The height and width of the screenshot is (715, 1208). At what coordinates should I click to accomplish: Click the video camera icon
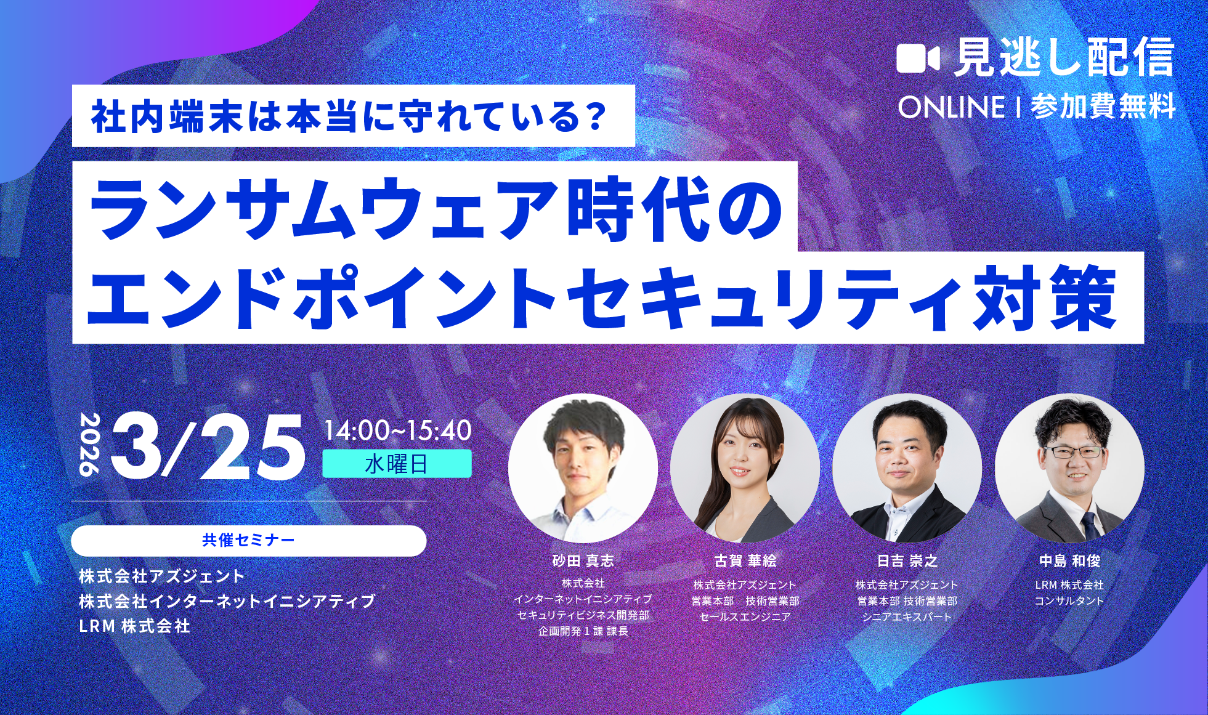click(917, 59)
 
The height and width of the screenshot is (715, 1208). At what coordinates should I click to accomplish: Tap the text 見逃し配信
click(1064, 59)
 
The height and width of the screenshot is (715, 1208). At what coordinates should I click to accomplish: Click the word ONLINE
click(951, 107)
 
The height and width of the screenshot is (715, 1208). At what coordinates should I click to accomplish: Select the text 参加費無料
click(1103, 107)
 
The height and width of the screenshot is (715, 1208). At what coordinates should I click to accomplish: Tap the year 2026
click(89, 445)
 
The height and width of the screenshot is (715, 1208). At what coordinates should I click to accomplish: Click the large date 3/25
click(208, 447)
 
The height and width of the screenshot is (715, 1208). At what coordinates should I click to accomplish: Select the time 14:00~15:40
click(397, 430)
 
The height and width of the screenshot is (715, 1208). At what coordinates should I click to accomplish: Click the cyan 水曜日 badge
click(397, 464)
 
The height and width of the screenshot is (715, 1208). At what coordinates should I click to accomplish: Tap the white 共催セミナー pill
click(248, 541)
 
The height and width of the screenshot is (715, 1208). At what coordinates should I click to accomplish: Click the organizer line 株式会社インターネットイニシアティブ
click(227, 601)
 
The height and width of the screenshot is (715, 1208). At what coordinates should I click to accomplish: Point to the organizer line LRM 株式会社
click(134, 626)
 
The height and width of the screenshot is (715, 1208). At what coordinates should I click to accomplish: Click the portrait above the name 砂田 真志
click(583, 468)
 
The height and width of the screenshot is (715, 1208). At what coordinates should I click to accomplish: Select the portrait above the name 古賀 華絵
click(745, 468)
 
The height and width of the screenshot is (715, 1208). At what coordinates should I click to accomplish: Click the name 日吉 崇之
click(907, 561)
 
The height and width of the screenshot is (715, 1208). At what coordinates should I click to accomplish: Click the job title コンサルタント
click(1069, 601)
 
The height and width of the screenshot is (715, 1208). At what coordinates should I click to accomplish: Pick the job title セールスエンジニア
click(745, 616)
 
